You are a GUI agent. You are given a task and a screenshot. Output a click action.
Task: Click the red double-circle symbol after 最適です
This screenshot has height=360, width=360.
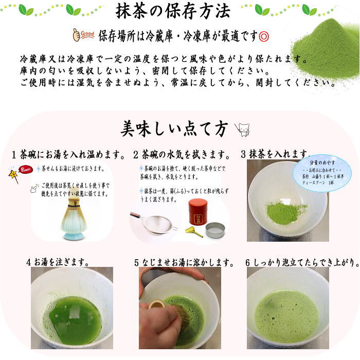tap(264, 36)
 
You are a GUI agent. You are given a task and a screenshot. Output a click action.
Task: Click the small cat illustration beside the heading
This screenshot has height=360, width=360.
tap(242, 129)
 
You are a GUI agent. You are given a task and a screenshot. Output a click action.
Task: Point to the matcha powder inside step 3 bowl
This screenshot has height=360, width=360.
tap(286, 212)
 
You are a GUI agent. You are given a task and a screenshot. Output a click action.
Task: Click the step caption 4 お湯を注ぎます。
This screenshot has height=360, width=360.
tap(58, 262)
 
